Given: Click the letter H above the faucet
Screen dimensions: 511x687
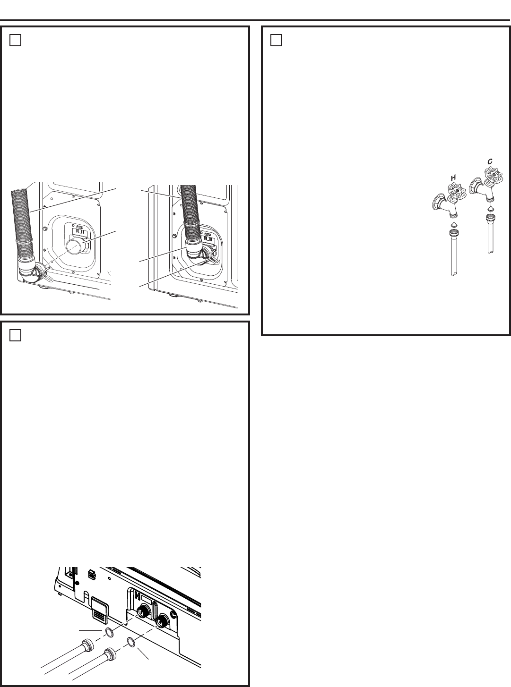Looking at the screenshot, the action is (x=452, y=177).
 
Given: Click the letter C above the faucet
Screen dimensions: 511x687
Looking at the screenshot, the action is (x=490, y=161).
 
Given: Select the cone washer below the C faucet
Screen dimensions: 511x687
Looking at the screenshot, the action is (x=490, y=207).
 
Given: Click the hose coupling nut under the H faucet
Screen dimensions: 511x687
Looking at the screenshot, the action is (x=453, y=233).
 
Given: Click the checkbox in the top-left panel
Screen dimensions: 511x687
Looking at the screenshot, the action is (x=16, y=41).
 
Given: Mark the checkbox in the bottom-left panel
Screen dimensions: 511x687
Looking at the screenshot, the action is (x=16, y=335).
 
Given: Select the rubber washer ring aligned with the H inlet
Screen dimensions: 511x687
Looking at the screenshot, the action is (x=110, y=633).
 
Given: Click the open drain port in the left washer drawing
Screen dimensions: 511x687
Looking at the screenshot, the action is (x=75, y=246).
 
